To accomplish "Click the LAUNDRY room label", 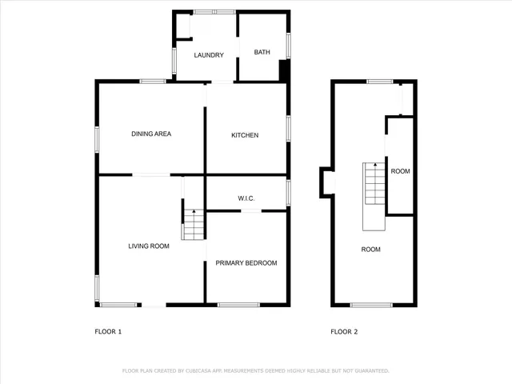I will point(208,54).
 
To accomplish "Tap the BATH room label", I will point(262,53).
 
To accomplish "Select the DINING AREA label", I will point(151,134).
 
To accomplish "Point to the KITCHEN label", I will point(245,135).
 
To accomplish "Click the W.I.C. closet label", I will point(246,198).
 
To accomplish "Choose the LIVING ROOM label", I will point(149,246).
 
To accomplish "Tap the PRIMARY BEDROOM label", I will point(246,263).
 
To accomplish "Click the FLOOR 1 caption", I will point(108,331).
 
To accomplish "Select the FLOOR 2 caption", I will point(344,331).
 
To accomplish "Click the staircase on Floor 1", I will point(193,225).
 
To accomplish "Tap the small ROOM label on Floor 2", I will point(400,171).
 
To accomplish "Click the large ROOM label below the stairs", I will point(370,250).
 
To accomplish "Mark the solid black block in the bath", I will point(283,71).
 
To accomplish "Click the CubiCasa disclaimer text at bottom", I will point(255,371).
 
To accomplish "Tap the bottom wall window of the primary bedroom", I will point(238,304).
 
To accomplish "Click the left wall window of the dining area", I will point(98,138).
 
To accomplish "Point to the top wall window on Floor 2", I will point(380,81).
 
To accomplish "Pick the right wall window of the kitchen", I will point(287,129).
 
